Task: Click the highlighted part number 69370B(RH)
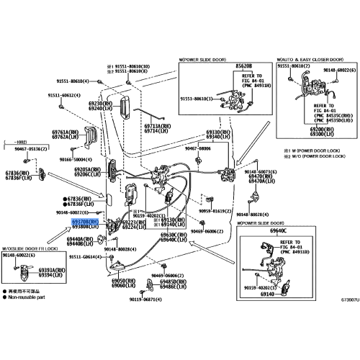[x=84, y=223]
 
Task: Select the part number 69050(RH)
[x=119, y=280]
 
